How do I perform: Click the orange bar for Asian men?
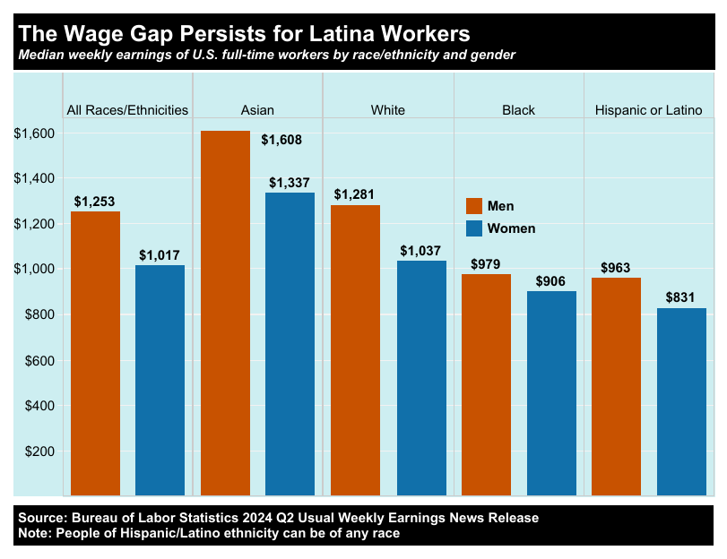225,313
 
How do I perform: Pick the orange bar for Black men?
486,384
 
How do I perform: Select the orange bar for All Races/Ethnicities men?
95,353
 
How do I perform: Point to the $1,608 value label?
281,140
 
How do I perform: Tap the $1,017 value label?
160,254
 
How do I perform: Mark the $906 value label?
551,280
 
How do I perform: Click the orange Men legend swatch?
474,206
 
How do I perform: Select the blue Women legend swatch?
474,228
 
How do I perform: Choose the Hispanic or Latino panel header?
648,110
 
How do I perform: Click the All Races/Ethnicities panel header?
128,110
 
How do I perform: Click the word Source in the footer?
40,518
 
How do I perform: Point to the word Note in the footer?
34,533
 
